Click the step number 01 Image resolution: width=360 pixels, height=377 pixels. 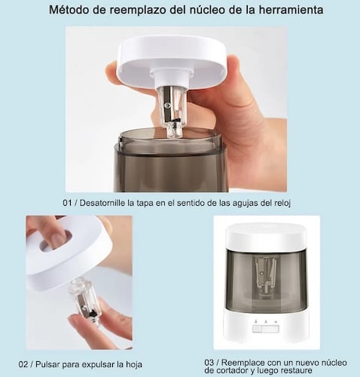click(67, 203)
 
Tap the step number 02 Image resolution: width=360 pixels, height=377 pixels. click(23, 364)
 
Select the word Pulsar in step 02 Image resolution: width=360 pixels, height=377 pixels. click(47, 364)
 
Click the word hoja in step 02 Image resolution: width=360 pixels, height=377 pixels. click(133, 364)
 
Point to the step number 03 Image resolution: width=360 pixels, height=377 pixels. click(209, 363)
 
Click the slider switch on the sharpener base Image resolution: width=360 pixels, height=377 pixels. click(266, 329)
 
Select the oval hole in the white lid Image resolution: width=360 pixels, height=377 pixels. click(56, 242)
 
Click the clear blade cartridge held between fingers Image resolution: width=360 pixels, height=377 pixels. click(84, 302)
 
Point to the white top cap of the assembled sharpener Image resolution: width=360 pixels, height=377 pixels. click(266, 236)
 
